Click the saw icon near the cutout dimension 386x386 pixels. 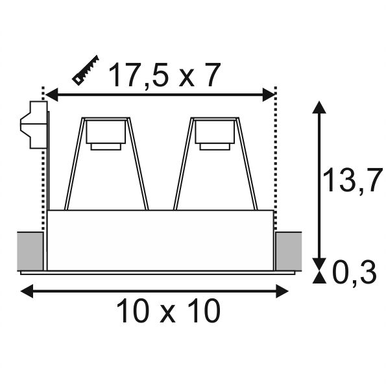(x=86, y=70)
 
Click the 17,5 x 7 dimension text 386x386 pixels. (x=163, y=75)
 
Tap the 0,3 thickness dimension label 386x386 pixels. (x=355, y=272)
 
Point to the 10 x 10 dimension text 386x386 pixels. (x=169, y=311)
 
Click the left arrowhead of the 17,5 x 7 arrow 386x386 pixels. (x=52, y=94)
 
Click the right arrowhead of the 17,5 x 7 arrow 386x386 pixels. (x=269, y=94)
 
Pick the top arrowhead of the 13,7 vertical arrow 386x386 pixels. (x=319, y=107)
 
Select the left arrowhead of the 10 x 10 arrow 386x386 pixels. (x=27, y=291)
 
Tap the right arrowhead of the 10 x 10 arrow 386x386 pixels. (x=282, y=291)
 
